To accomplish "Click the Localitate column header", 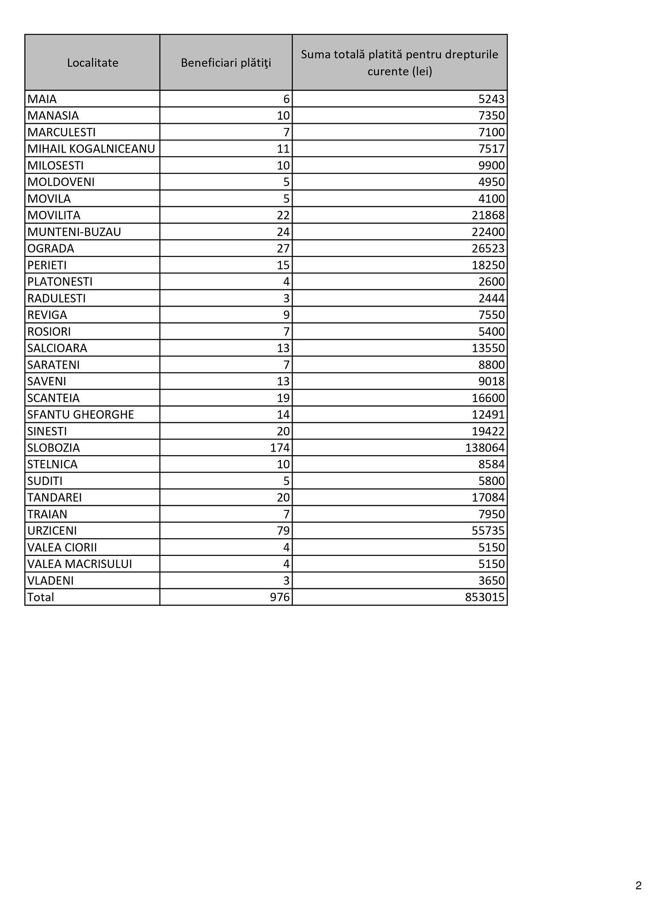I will point(93,63).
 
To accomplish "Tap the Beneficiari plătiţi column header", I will point(226,63).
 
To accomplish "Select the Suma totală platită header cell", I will point(400,63).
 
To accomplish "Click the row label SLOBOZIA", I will point(54,448).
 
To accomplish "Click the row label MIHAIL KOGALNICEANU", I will point(91,149).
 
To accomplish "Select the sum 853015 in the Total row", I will point(485,597).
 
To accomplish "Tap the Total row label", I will point(41,597).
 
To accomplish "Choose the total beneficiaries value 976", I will point(280,597).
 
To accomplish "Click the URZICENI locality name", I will point(52,531).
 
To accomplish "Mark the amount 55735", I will point(488,531).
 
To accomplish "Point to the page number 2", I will point(638,885).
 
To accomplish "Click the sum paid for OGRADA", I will point(488,249).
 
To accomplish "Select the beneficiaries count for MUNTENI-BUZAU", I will point(283,232).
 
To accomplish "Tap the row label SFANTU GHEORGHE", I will point(81,414).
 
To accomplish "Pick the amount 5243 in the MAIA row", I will point(491,99).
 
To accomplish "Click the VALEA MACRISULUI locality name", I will point(80,564).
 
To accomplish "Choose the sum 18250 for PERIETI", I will point(488,265).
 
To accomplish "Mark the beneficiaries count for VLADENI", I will point(286,580).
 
